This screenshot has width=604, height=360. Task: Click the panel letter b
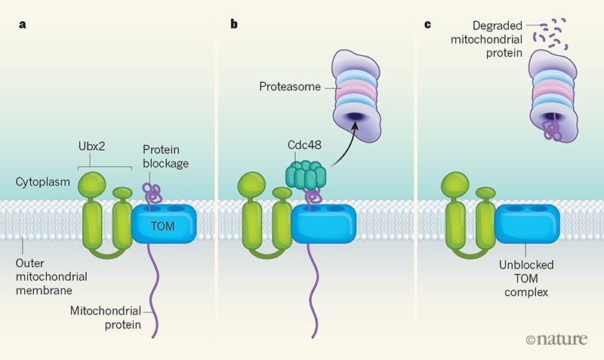pyautogui.click(x=234, y=23)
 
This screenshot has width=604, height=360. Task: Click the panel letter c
pyautogui.click(x=428, y=23)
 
